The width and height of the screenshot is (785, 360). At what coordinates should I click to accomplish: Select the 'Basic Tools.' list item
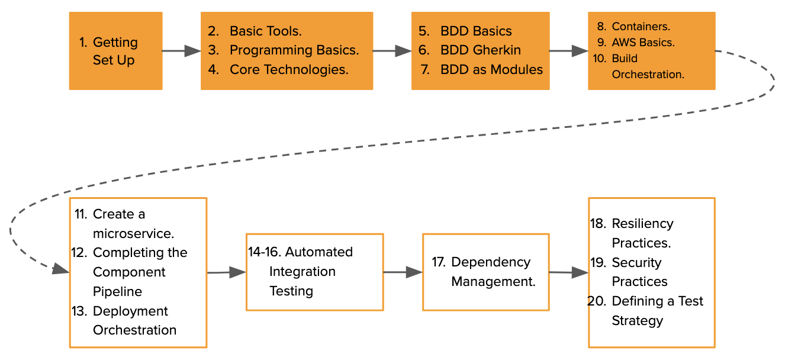click(265, 31)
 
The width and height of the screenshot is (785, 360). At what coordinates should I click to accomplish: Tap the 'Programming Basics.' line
click(294, 50)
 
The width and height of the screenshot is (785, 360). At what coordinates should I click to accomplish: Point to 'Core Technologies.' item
click(288, 70)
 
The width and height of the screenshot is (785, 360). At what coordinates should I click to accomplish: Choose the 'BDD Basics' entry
click(475, 31)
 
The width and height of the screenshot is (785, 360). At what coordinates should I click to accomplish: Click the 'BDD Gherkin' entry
click(480, 50)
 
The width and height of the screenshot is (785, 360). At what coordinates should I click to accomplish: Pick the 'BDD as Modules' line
click(491, 70)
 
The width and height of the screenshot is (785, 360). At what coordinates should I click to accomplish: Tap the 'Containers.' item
click(641, 27)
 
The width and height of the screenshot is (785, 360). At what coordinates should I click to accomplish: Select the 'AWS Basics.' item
click(643, 43)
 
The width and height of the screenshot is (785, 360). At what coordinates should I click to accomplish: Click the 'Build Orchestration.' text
click(647, 66)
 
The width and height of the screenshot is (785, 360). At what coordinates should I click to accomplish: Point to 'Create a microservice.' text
click(133, 224)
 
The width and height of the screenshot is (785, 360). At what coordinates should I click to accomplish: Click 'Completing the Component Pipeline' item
click(139, 272)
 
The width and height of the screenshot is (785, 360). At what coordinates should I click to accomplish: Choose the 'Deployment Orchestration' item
click(134, 320)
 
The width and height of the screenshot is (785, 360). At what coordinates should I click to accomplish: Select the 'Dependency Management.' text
click(493, 272)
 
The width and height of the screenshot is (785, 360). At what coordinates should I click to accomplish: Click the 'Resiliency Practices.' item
click(642, 233)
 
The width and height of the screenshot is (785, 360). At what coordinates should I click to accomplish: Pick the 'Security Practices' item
click(639, 272)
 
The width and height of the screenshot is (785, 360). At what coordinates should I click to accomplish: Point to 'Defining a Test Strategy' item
click(657, 311)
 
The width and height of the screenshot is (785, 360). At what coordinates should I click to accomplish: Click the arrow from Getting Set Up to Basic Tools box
click(181, 51)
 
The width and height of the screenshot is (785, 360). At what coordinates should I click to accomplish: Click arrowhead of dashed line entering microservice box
click(61, 269)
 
